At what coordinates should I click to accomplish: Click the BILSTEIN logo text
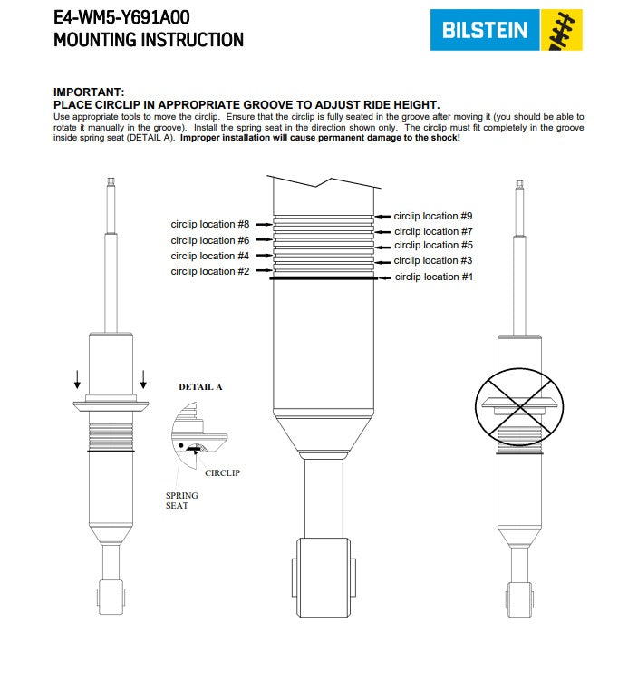[485, 30]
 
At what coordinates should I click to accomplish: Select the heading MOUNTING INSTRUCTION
[149, 40]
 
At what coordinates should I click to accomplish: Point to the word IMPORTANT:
[89, 92]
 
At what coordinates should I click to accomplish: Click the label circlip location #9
[433, 216]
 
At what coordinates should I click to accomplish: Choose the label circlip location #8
[209, 224]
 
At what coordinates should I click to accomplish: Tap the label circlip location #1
[434, 277]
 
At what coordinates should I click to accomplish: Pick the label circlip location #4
[209, 257]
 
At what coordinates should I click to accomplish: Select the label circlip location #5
[433, 246]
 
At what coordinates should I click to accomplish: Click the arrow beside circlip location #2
[263, 271]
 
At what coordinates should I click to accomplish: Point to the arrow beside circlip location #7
[383, 232]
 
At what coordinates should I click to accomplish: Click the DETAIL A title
[200, 386]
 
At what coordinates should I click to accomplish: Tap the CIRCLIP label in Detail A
[222, 472]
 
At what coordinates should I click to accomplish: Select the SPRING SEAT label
[181, 501]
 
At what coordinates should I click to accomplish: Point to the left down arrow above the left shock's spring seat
[79, 378]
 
